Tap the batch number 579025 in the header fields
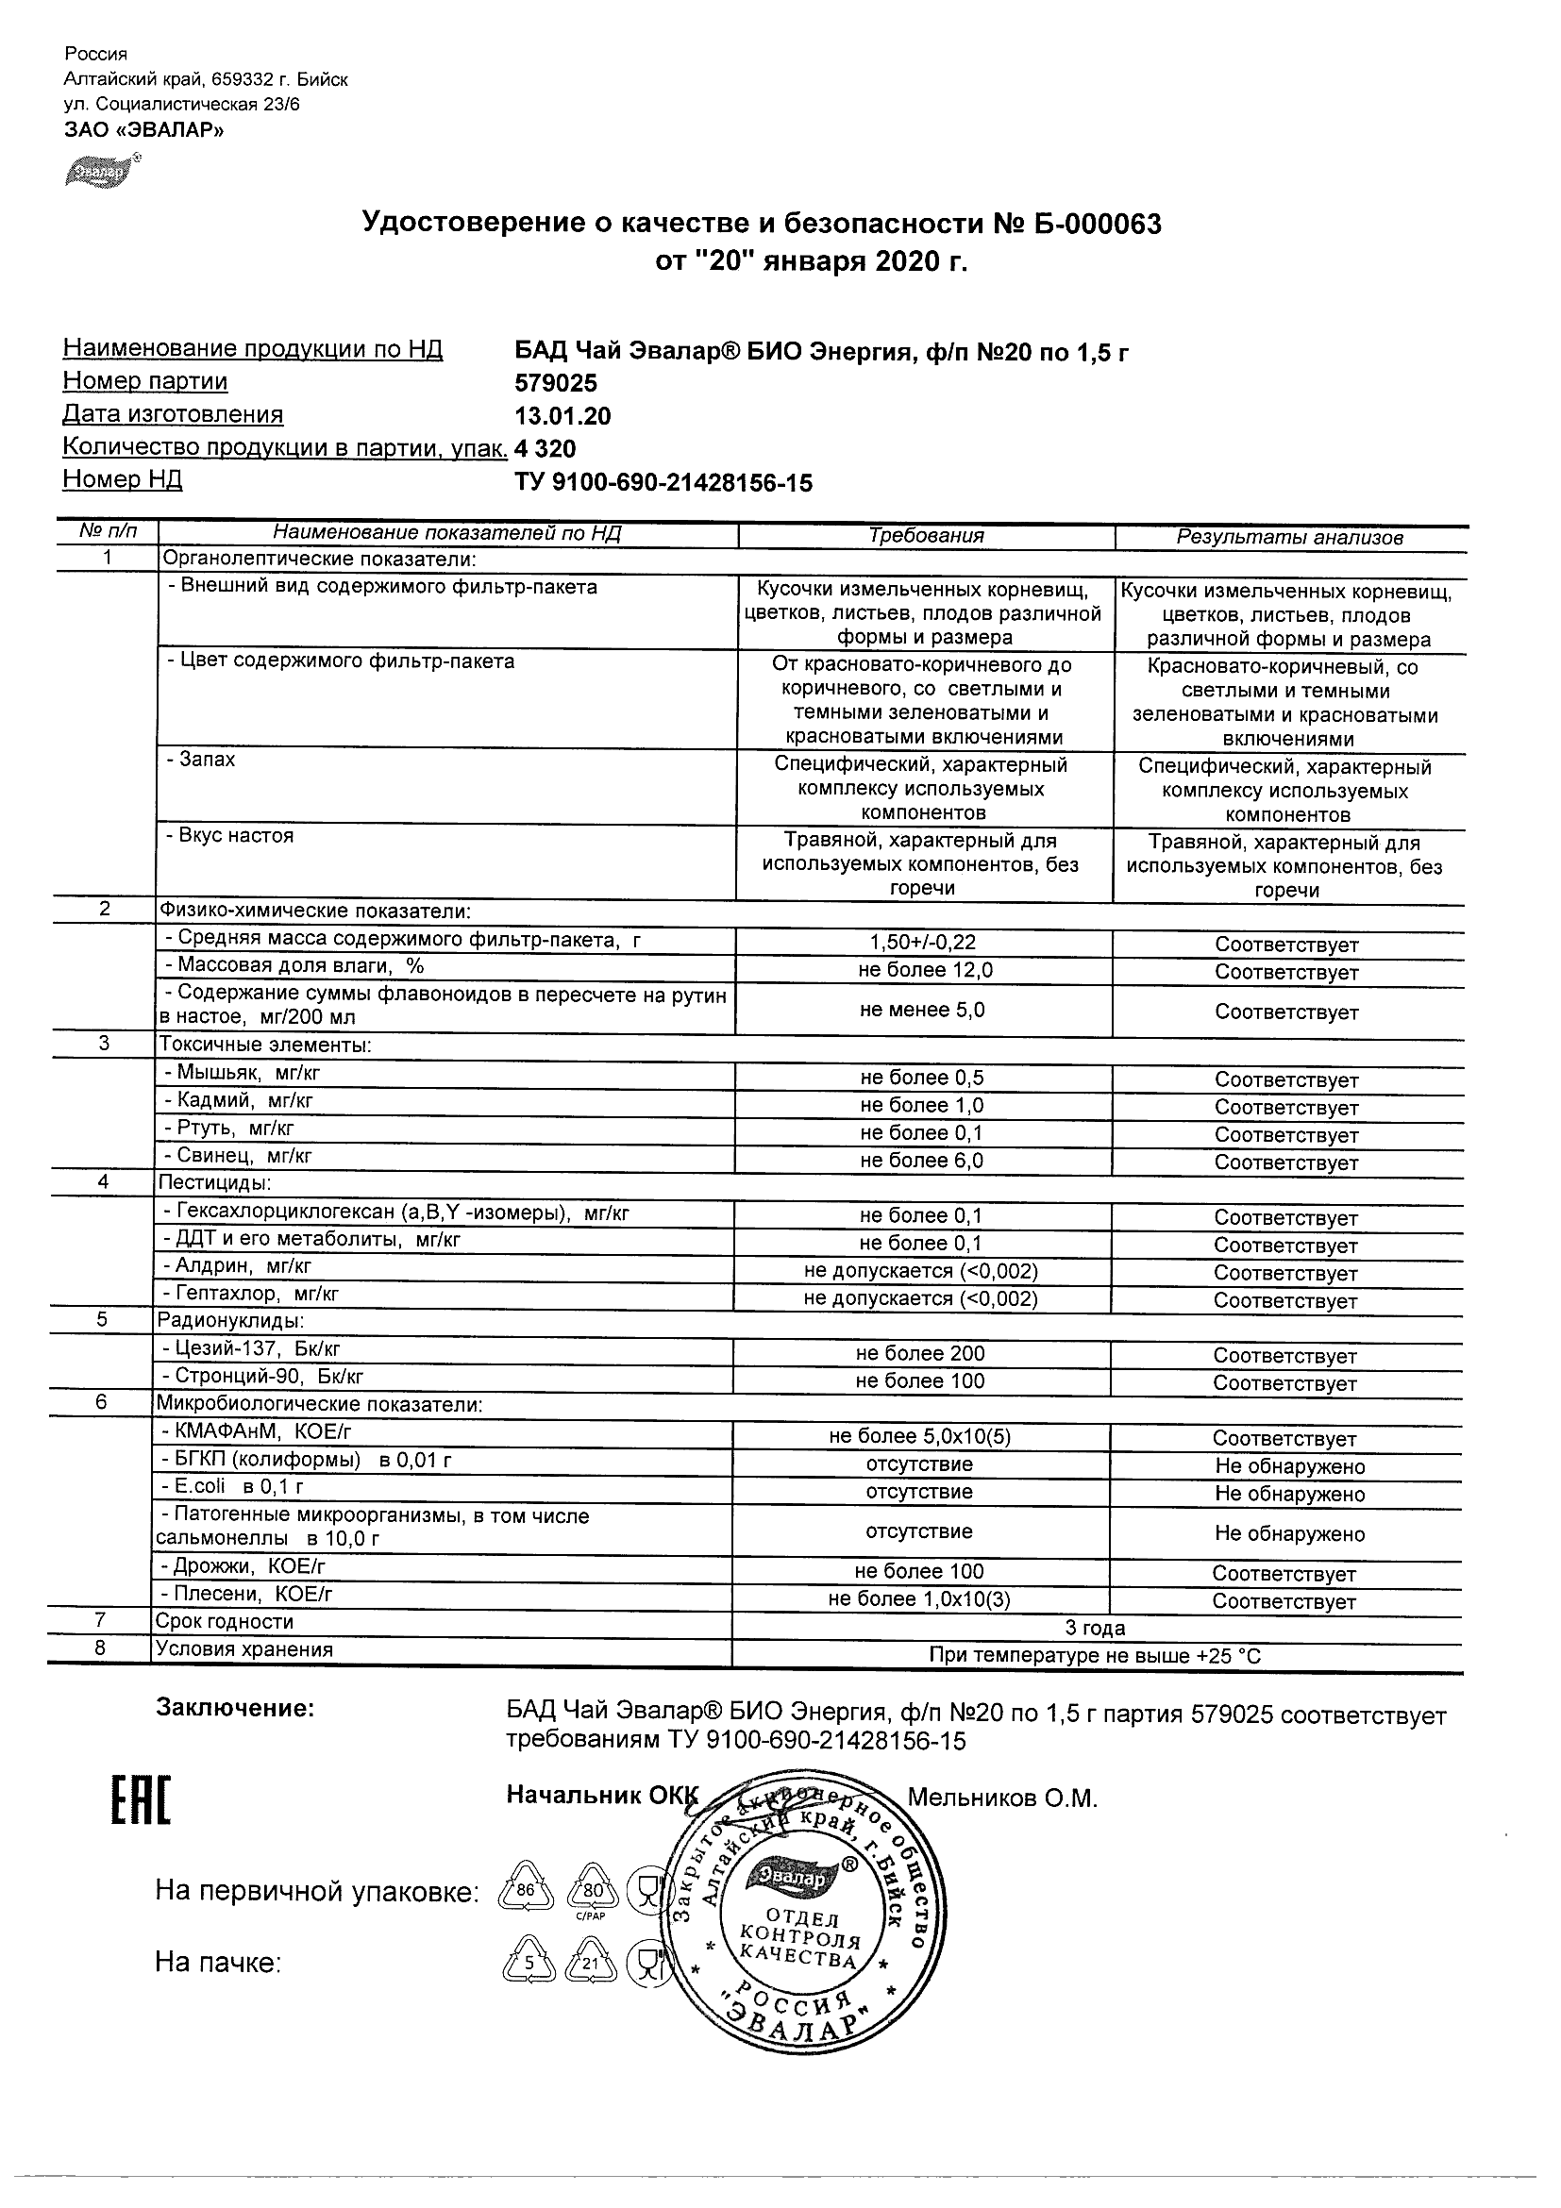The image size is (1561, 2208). point(556,384)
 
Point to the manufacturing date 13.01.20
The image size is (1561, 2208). point(562,416)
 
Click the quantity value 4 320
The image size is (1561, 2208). point(546,449)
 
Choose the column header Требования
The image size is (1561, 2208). point(925,537)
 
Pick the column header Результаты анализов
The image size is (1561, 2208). point(1289,538)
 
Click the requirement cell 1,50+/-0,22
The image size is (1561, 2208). point(922,944)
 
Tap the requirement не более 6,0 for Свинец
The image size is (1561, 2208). point(921,1161)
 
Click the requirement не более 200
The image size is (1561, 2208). point(920,1354)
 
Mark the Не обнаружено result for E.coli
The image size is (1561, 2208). point(1289,1495)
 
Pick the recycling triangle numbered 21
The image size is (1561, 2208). point(590,1964)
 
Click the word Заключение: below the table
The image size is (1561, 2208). point(235,1709)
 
